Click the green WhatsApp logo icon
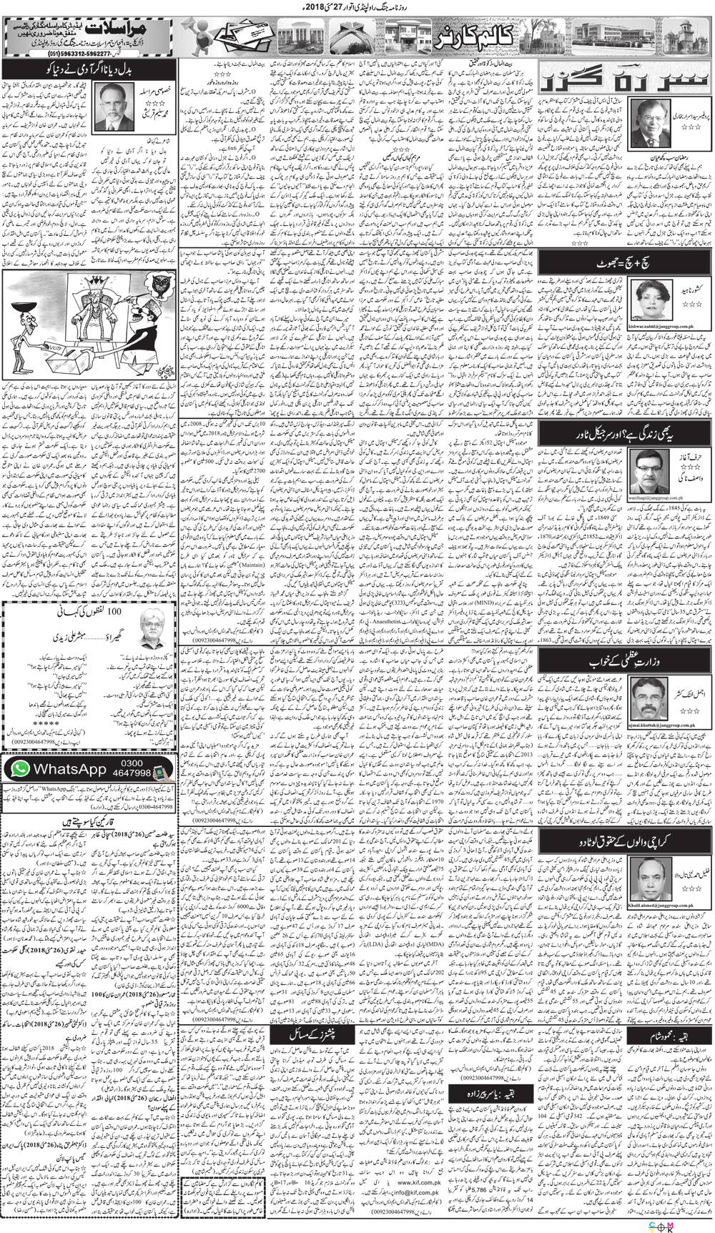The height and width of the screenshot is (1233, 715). pyautogui.click(x=20, y=768)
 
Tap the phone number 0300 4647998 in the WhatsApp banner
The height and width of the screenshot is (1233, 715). pyautogui.click(x=131, y=768)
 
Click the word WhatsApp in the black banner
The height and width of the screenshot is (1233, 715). pyautogui.click(x=69, y=769)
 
